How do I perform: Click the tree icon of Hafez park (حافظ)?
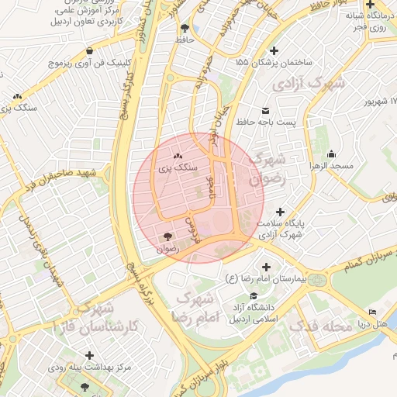tap(184, 29)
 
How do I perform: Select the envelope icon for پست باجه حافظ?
tap(265, 110)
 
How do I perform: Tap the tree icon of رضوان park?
tap(167, 237)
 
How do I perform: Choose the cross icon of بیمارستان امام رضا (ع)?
tap(265, 266)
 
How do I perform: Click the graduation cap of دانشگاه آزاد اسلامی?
tap(254, 296)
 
